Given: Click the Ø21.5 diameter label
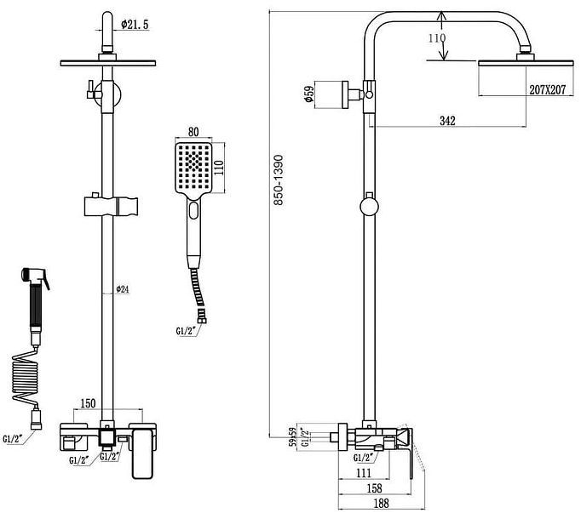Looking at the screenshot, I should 135,26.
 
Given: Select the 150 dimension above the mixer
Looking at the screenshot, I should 86,402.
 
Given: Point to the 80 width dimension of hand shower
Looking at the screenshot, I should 193,132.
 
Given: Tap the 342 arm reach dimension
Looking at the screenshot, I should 447,120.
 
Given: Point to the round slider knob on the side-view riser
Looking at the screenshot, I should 370,207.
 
